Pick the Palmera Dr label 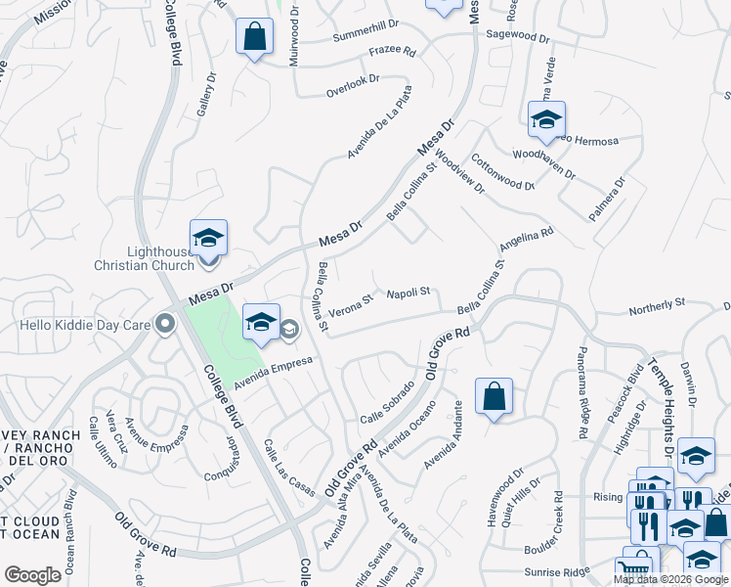[x=607, y=199]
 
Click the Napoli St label [x=408, y=293]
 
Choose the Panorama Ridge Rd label [x=583, y=391]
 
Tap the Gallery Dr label [x=205, y=95]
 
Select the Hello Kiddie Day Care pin [x=164, y=323]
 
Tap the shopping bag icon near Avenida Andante [x=494, y=396]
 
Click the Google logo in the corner [x=33, y=574]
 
